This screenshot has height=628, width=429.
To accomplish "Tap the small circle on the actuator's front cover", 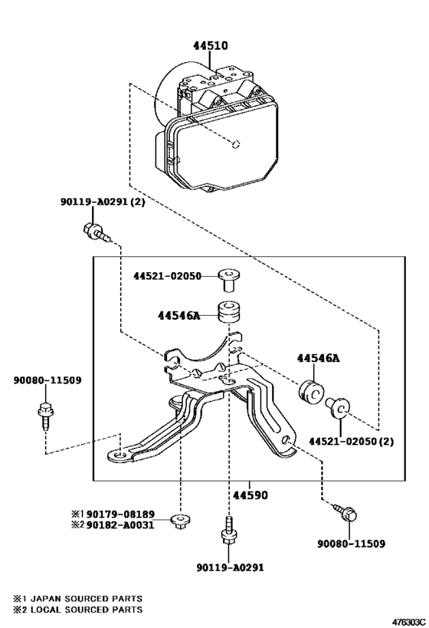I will (x=237, y=143).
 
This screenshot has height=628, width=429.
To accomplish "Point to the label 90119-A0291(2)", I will (x=101, y=202).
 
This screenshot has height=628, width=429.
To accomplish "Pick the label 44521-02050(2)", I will (x=351, y=442).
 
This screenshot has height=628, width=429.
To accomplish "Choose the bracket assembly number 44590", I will (x=251, y=495).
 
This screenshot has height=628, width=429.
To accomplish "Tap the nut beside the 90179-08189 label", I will (x=182, y=521).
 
